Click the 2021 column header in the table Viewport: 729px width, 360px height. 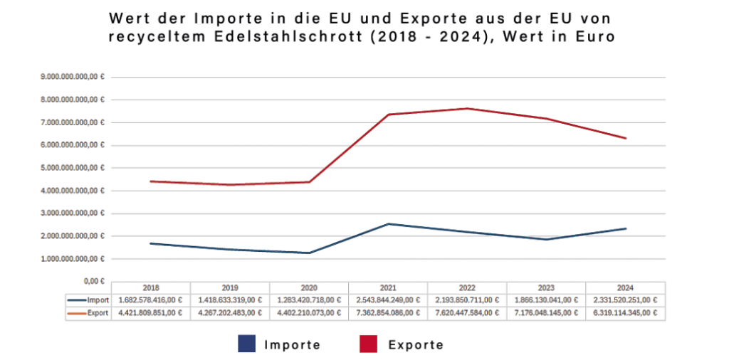click(389, 287)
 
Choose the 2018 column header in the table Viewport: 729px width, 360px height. click(151, 287)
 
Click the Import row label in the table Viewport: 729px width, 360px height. click(96, 300)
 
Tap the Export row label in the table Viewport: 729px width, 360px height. click(96, 312)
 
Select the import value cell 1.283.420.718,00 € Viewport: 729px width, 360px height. click(309, 300)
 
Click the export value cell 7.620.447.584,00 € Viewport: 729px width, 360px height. click(467, 312)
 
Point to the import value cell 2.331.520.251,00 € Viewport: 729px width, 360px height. click(626, 300)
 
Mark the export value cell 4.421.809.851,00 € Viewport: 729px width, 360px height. click(151, 312)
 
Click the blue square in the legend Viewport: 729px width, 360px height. click(246, 344)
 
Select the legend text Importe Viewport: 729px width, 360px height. click(292, 345)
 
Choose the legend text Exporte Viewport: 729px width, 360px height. click(416, 345)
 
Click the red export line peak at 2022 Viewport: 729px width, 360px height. click(467, 108)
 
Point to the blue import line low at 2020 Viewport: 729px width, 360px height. click(309, 253)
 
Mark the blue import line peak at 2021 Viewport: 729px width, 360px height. click(389, 224)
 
